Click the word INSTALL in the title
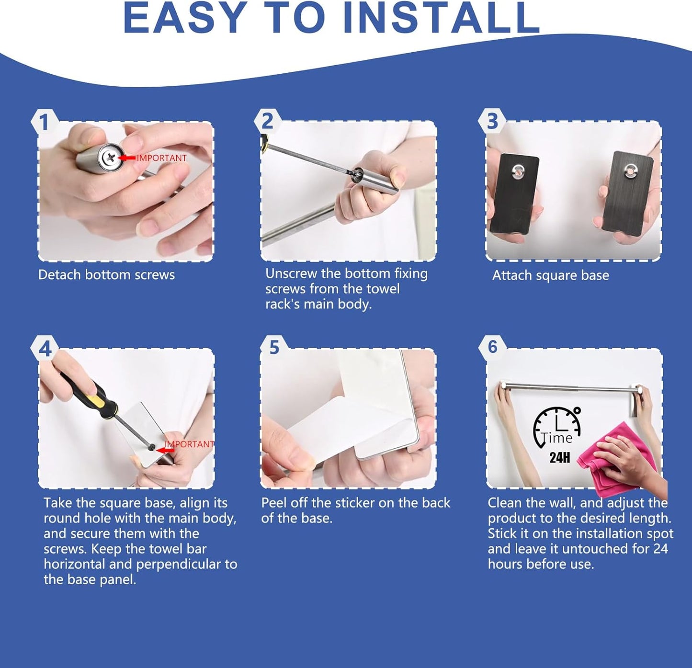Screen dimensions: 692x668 coord(442,18)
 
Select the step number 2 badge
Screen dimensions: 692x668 coord(267,121)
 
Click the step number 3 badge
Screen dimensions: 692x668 coord(492,121)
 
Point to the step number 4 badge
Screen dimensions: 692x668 coord(45,349)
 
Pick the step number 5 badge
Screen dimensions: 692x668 coord(274,348)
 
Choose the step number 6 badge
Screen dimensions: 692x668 coord(492,347)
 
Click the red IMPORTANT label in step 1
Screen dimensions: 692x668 coord(162,158)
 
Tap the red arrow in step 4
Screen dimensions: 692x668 coord(165,451)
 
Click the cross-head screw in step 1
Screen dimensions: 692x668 coord(110,157)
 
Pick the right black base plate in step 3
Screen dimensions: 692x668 coord(628,193)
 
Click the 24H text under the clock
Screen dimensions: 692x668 coord(559,458)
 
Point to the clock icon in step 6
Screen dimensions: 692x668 coord(557,427)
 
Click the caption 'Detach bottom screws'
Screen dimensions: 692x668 coord(106,275)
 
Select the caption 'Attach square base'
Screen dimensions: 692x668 coord(550,275)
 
